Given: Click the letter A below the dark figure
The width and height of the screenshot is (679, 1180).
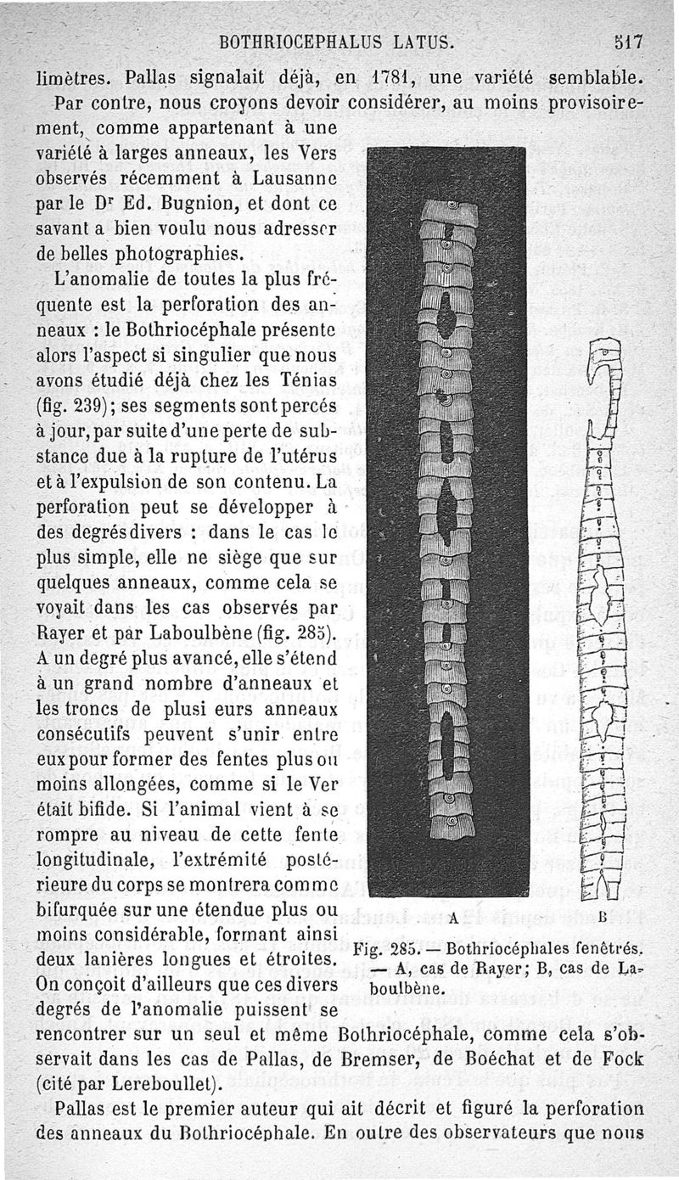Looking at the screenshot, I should click(453, 917).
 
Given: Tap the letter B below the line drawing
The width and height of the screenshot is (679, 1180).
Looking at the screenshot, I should click(602, 917).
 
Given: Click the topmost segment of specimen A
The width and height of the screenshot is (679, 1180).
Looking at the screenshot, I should click(449, 212).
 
